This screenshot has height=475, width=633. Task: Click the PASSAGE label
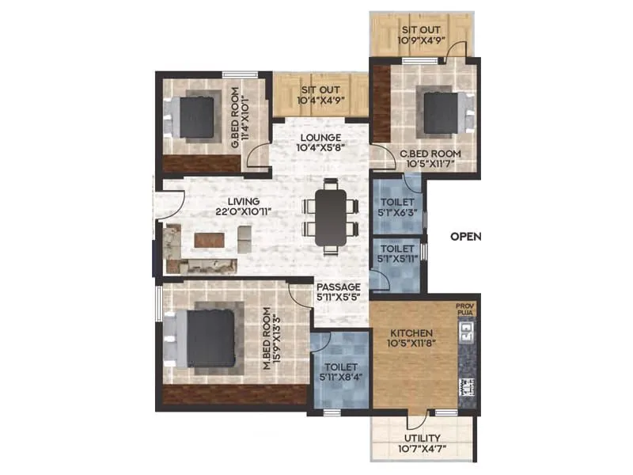[338, 287]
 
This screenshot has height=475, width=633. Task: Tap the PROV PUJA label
[464, 309]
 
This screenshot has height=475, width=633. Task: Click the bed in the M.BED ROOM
[209, 336]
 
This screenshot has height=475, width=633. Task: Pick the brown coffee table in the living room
[209, 237]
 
